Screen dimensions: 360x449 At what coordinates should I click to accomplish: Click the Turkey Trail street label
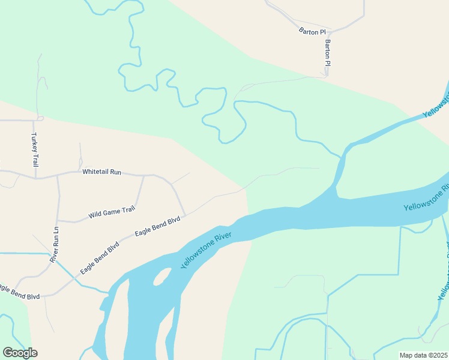tap(35, 150)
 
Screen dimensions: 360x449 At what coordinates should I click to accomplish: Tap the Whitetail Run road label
tap(101, 172)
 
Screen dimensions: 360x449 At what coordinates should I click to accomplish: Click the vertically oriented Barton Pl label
tap(328, 53)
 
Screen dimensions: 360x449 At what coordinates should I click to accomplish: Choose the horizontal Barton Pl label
tap(312, 31)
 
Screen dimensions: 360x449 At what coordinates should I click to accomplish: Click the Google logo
tap(20, 353)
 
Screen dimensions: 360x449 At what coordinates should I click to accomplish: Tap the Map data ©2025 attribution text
tap(424, 355)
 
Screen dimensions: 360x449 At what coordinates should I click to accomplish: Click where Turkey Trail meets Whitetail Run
tap(35, 178)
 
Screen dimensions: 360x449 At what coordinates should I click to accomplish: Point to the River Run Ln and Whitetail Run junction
tap(58, 175)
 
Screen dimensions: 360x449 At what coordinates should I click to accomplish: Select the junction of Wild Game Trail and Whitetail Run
tap(143, 175)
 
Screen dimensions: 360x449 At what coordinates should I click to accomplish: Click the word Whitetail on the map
tap(95, 172)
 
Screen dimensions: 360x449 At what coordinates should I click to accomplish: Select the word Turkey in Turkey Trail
tap(35, 143)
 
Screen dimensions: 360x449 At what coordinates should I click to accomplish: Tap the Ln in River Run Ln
tap(55, 230)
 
